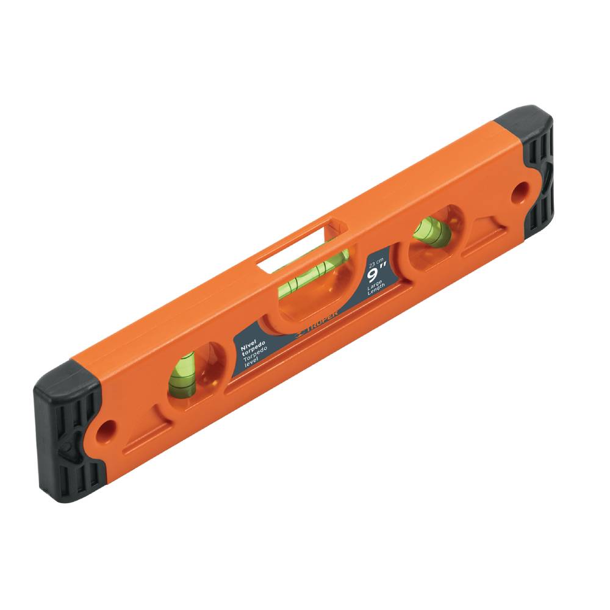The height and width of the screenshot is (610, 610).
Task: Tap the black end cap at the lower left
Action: tap(67, 427)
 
